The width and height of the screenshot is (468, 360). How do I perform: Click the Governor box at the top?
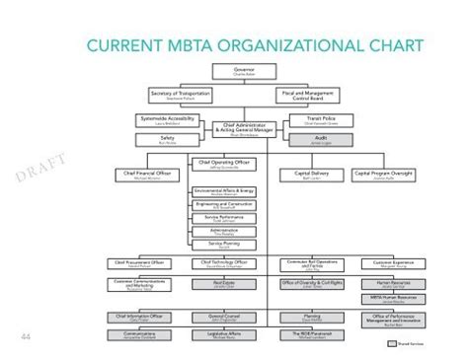click(243, 71)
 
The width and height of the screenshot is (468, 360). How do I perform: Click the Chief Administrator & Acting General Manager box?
click(243, 128)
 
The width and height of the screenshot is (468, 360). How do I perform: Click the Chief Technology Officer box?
click(222, 263)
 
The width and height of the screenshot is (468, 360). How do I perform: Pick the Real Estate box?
click(222, 283)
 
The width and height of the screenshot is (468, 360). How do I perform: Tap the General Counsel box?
click(222, 318)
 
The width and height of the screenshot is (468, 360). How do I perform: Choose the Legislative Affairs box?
click(222, 334)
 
